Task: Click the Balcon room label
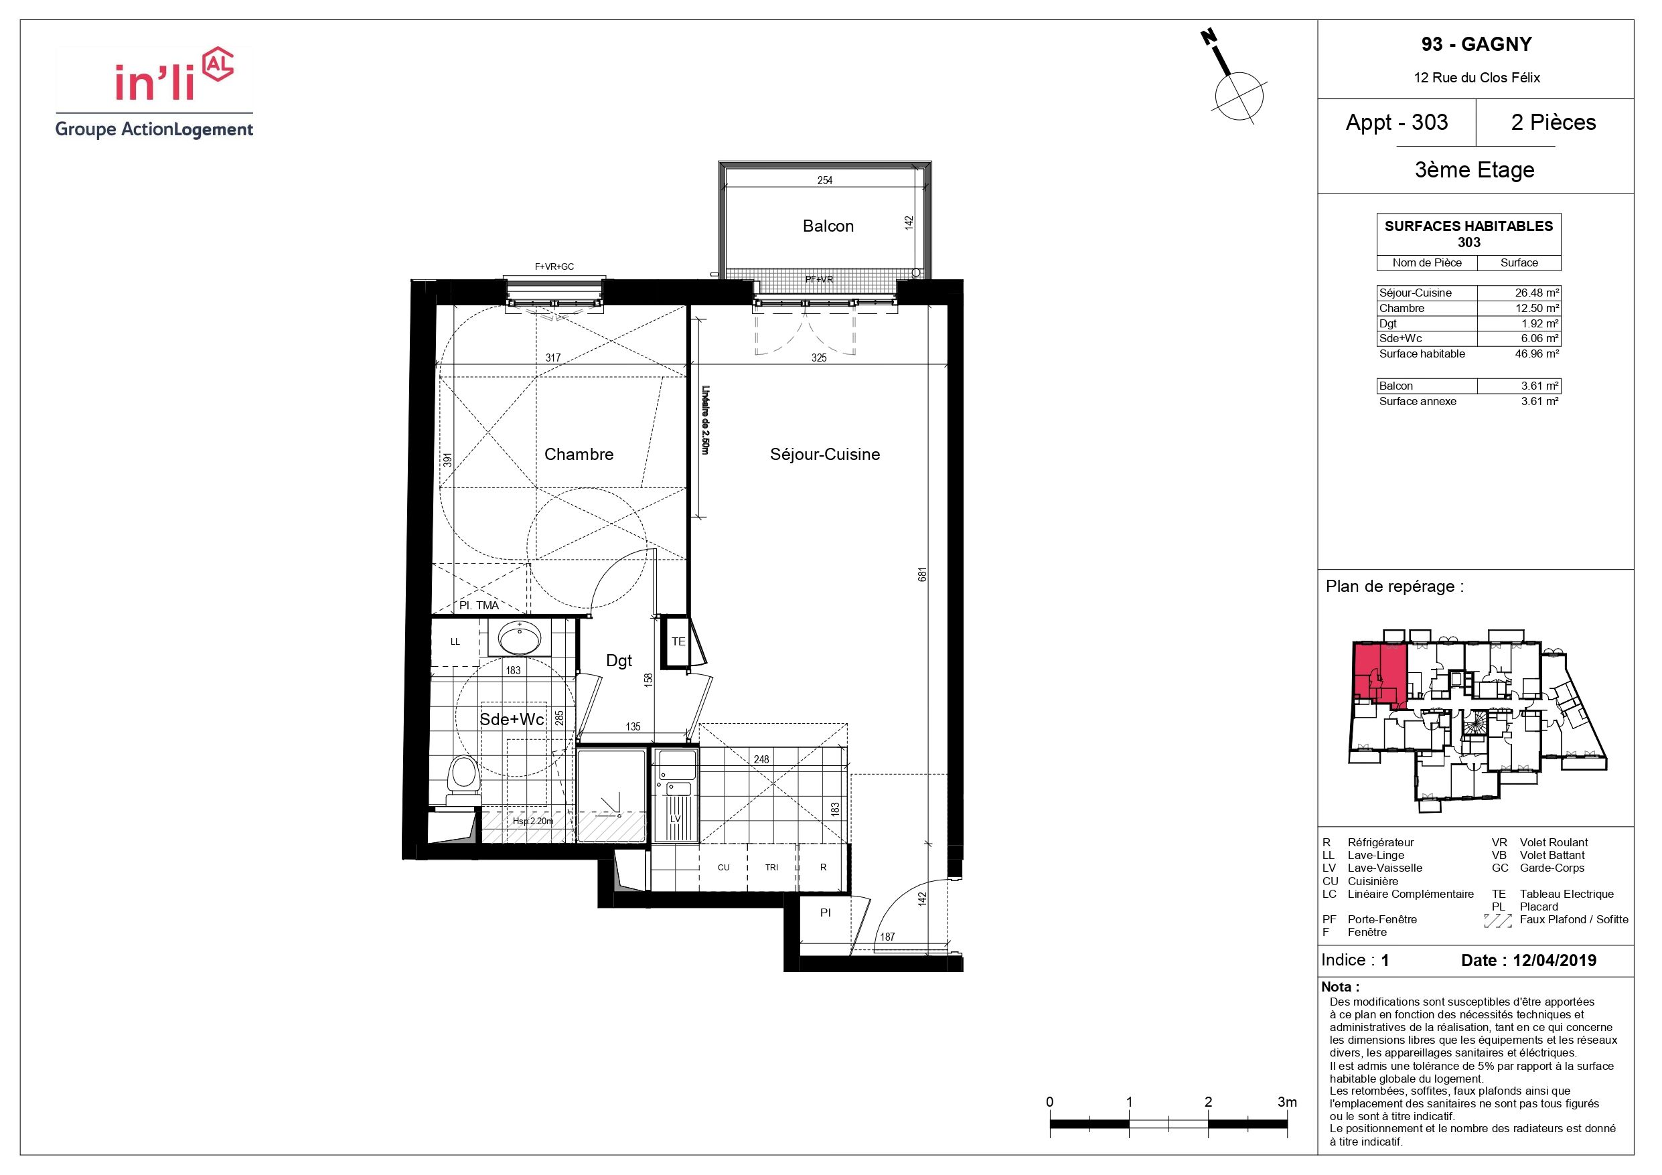(x=828, y=226)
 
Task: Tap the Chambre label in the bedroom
(x=579, y=454)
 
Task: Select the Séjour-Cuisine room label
(x=824, y=454)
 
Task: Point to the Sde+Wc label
(x=512, y=720)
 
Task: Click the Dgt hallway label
(x=619, y=660)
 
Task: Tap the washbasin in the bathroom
(x=519, y=637)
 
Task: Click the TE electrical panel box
(x=678, y=641)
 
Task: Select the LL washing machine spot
(x=455, y=641)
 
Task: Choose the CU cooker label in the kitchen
(x=723, y=867)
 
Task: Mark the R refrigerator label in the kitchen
(x=823, y=867)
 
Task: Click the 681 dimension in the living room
(x=922, y=575)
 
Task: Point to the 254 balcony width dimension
(x=824, y=180)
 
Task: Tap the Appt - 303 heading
(x=1396, y=123)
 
